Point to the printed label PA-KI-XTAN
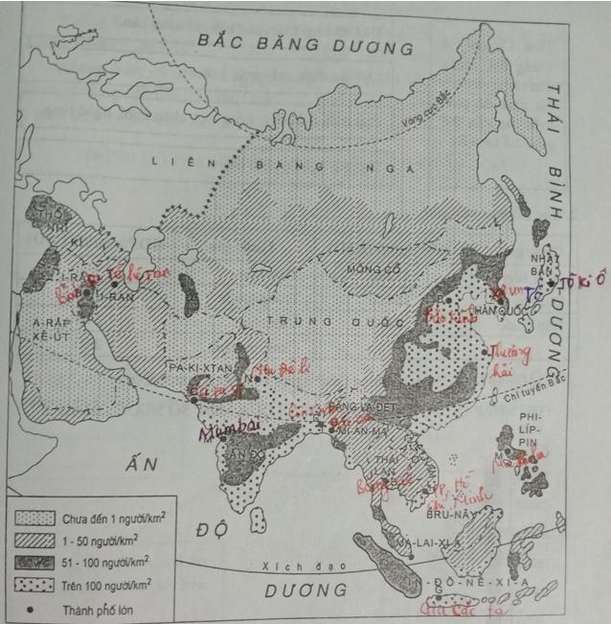point(196,367)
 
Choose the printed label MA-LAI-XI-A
point(429,543)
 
